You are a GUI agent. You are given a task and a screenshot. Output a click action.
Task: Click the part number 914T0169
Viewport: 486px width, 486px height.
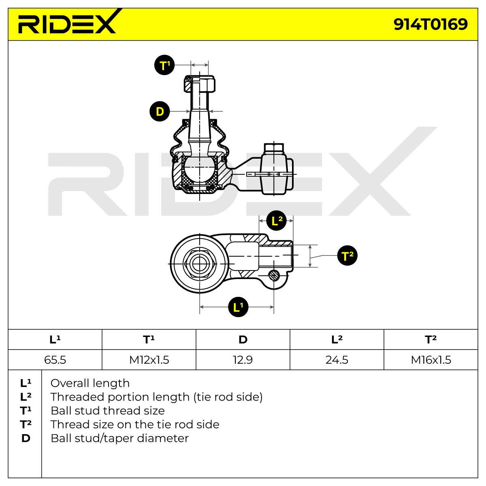[x=431, y=24]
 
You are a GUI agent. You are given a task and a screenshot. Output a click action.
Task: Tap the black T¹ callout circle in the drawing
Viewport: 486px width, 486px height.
[x=164, y=65]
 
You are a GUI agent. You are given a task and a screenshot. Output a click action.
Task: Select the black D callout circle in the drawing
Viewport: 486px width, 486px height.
[x=160, y=111]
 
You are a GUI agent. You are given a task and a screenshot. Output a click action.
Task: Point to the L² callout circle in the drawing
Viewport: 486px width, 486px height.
[x=277, y=221]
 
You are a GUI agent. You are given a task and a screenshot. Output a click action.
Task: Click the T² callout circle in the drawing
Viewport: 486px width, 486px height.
[x=347, y=256]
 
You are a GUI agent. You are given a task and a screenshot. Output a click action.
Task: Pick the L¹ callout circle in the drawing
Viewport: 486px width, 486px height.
[x=238, y=307]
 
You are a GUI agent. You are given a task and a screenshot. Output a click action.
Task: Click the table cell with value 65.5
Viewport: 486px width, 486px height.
[x=55, y=360]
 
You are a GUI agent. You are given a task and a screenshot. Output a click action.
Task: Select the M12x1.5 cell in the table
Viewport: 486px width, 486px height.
[x=149, y=360]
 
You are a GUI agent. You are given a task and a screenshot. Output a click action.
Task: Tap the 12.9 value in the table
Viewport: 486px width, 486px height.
[x=243, y=360]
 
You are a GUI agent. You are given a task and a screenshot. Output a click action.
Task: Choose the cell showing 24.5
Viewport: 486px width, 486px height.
[x=337, y=360]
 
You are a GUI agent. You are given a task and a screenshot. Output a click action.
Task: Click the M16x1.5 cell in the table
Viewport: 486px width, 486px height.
[x=431, y=360]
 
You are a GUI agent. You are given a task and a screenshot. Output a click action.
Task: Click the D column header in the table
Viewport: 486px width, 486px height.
[x=243, y=339]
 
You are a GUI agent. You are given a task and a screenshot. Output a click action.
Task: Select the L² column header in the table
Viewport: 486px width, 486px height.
[x=337, y=339]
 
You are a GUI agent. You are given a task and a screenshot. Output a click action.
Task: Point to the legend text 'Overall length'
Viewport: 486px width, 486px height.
[x=90, y=384]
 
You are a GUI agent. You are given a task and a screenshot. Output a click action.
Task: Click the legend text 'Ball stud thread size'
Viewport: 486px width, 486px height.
[x=108, y=411]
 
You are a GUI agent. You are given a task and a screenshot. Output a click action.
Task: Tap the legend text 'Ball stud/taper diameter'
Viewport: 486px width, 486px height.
[x=119, y=438]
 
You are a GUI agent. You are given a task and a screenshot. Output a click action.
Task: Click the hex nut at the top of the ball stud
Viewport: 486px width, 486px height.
[x=199, y=83]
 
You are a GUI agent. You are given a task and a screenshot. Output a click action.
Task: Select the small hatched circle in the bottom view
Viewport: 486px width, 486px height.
[x=274, y=275]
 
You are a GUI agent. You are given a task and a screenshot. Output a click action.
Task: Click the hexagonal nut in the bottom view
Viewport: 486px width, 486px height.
[x=200, y=264]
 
